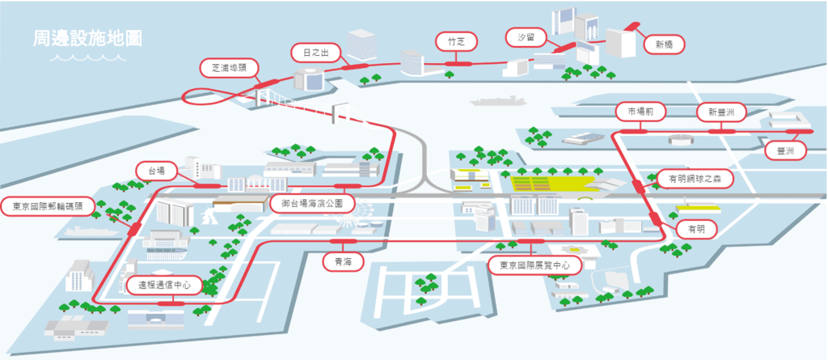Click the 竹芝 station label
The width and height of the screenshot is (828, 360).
(455, 40)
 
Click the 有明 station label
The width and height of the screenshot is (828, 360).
(695, 229)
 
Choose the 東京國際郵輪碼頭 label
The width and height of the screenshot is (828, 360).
(47, 205)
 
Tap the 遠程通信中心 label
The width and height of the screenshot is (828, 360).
(163, 285)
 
